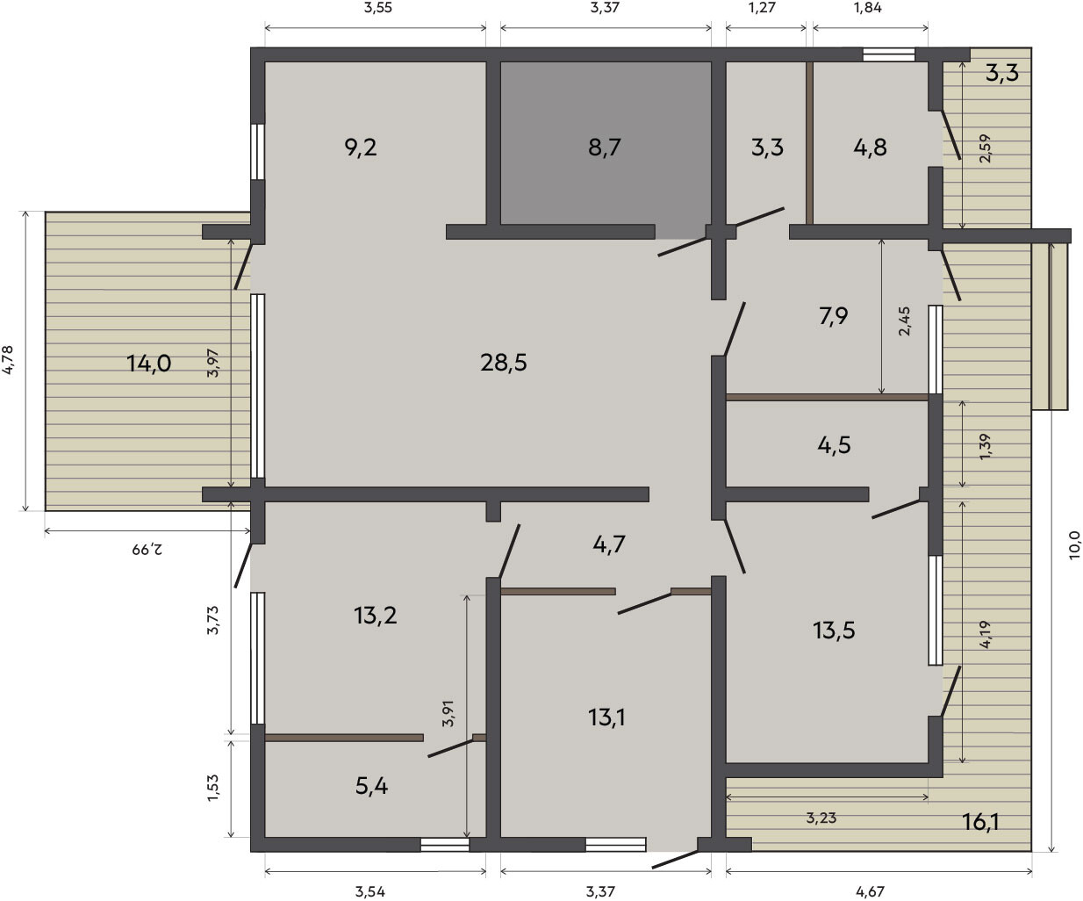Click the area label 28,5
click(x=503, y=363)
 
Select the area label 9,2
click(x=361, y=148)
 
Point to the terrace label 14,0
click(x=149, y=364)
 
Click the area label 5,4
click(x=371, y=787)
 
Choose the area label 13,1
click(x=606, y=717)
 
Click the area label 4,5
click(x=834, y=445)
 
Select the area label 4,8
click(x=870, y=148)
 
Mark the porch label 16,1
click(x=980, y=822)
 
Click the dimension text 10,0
click(x=1073, y=545)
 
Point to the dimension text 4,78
click(x=8, y=360)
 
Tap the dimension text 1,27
click(x=763, y=8)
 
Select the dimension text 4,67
click(x=870, y=891)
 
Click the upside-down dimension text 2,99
click(x=147, y=549)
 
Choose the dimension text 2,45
click(x=904, y=321)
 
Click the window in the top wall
click(x=889, y=54)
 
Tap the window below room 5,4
click(x=445, y=845)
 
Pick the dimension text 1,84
click(x=868, y=8)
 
